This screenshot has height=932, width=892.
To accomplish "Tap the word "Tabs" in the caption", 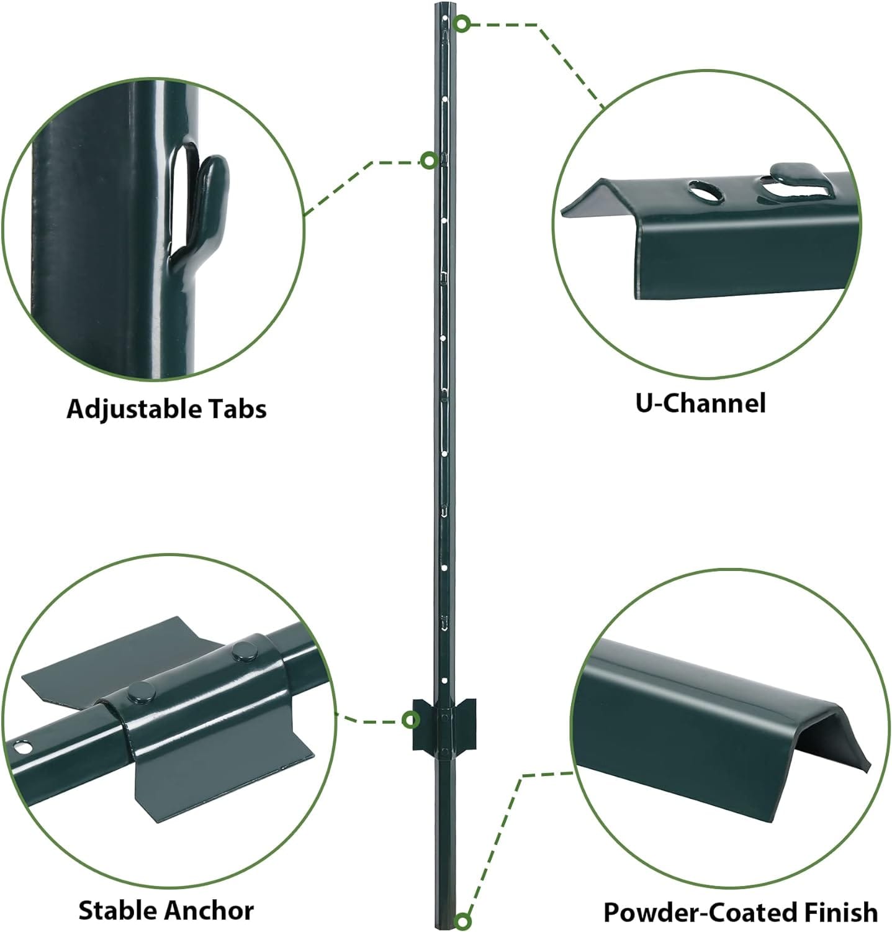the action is click(x=236, y=409).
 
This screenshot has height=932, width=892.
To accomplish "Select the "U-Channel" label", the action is click(x=700, y=403).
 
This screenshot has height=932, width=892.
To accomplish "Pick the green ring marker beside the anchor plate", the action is click(x=410, y=720).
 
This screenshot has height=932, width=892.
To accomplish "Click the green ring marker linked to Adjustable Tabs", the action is click(x=429, y=161).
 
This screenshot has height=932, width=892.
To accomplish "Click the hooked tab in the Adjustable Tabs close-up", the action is click(x=208, y=205).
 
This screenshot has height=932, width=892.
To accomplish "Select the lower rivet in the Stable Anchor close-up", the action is click(x=141, y=692).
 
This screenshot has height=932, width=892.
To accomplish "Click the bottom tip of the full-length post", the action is click(x=445, y=929).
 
